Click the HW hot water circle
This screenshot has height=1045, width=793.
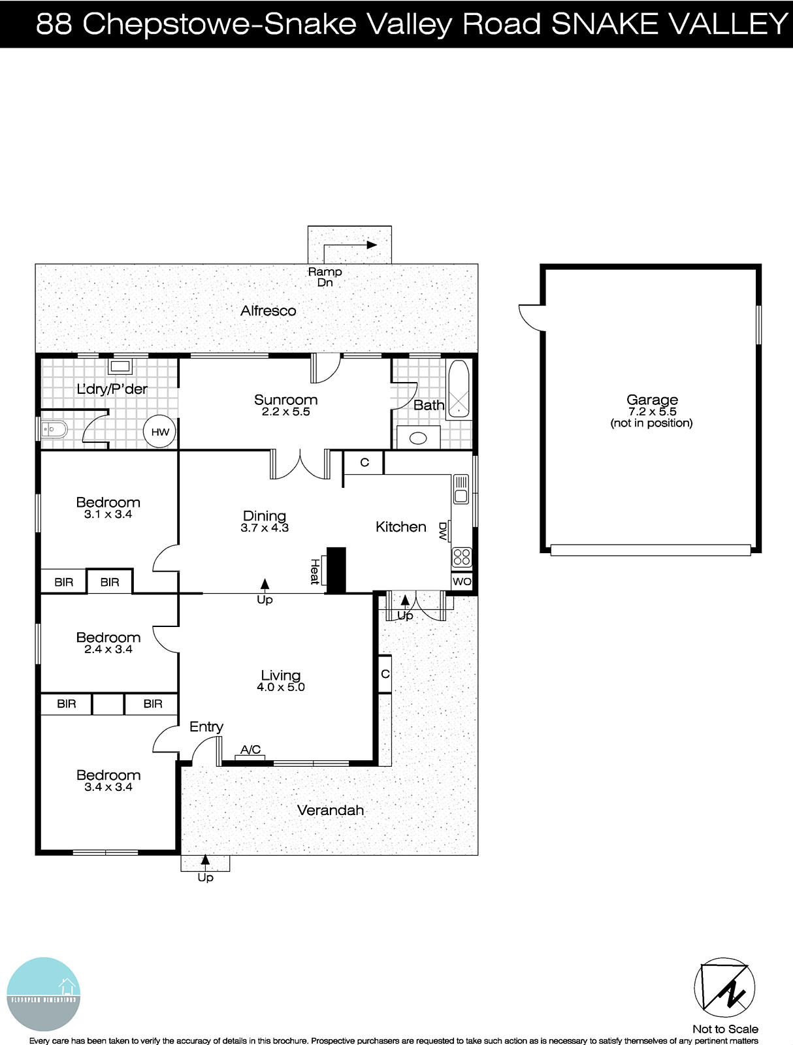tap(160, 432)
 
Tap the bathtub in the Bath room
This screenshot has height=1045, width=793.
tap(459, 389)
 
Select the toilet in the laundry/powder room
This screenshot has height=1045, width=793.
tap(52, 430)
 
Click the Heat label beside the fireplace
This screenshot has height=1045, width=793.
tap(316, 571)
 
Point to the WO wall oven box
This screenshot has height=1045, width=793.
tap(461, 581)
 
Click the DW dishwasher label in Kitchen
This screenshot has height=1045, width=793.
tap(443, 531)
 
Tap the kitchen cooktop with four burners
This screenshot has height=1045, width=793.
tap(461, 557)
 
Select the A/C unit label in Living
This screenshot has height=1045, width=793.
tap(250, 750)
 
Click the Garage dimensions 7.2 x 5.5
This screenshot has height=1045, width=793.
tap(652, 411)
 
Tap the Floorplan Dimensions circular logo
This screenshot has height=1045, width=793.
tap(44, 994)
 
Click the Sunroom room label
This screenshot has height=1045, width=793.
tap(285, 400)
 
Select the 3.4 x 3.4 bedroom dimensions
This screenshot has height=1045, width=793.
tap(108, 787)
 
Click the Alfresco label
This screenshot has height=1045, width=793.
tap(268, 311)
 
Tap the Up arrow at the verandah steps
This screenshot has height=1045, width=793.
tap(205, 860)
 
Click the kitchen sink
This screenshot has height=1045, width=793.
tap(461, 489)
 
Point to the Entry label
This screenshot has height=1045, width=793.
tap(206, 726)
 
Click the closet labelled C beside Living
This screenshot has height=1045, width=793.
tap(385, 673)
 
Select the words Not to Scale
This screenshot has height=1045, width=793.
tap(725, 1029)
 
